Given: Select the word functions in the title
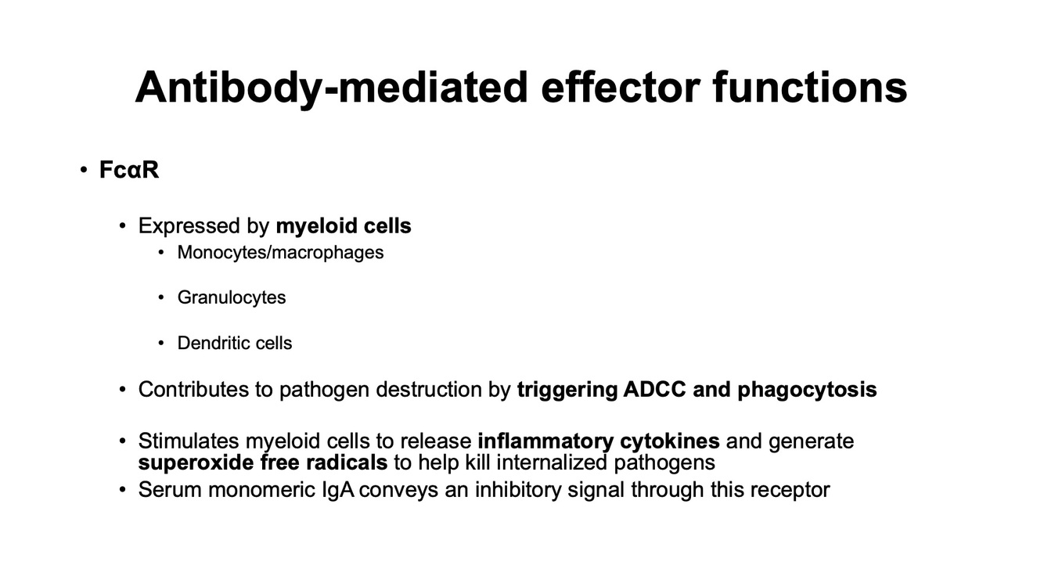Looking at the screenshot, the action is pos(810,87).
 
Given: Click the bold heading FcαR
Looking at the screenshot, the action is pos(129,170).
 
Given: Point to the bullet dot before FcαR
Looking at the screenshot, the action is pos(84,171).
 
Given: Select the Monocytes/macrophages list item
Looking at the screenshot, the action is pos(280,253).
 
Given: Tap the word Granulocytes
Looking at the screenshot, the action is pos(232,297).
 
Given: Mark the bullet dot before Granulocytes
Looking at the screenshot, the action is pos(161,298).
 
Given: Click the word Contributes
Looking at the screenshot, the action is pos(193,389).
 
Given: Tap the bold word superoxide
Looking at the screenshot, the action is pos(196,463).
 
